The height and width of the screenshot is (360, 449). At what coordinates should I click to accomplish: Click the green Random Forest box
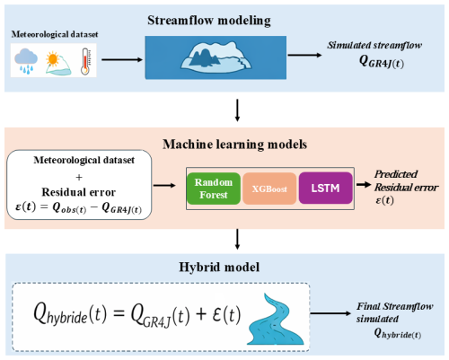214,189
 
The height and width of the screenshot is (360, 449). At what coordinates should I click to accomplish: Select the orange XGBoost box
269,189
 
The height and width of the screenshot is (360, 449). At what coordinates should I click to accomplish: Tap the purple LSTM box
326,188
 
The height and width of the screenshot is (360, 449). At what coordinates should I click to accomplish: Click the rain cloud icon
26,61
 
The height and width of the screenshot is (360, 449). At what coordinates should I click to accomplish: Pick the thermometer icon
86,61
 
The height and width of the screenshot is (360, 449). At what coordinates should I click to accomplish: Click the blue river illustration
276,320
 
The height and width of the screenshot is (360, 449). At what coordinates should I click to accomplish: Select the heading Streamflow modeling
209,21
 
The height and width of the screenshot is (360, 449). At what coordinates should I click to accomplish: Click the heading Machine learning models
235,145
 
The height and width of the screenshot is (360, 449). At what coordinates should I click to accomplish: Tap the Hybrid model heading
219,267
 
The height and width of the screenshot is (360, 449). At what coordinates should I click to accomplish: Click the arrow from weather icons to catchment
122,59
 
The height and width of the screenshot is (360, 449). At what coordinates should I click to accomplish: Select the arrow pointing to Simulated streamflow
304,55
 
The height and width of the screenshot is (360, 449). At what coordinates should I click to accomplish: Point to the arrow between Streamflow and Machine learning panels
237,110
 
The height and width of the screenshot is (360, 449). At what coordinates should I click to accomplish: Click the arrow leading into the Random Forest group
164,185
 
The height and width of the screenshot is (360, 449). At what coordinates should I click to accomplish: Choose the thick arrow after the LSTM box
364,184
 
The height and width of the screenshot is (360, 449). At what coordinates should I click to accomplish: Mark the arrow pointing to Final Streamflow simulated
330,313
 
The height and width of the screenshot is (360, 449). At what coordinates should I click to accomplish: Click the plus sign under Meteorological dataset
79,178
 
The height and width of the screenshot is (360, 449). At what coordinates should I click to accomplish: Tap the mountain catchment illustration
216,57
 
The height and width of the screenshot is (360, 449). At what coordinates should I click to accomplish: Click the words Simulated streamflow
374,45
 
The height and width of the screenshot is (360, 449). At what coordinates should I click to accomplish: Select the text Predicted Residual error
406,180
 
